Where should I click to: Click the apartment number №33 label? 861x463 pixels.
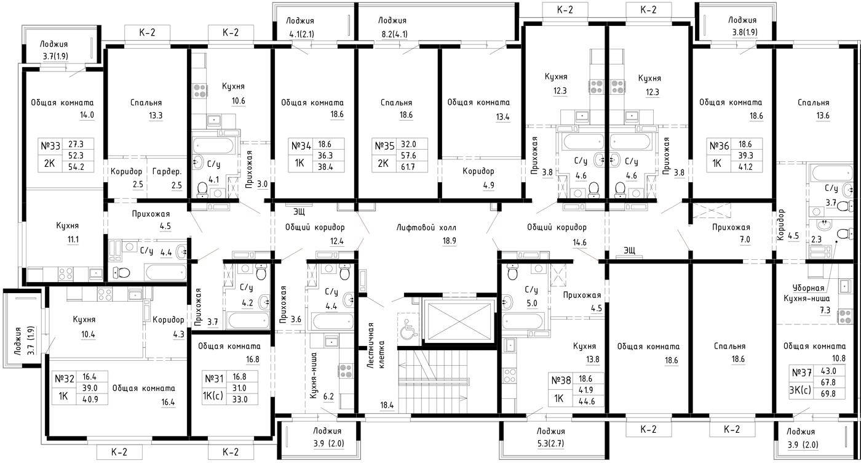(x=50, y=146)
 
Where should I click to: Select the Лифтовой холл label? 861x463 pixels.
(x=426, y=228)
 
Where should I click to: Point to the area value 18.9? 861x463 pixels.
(x=449, y=241)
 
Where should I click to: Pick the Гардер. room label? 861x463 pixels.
(x=167, y=172)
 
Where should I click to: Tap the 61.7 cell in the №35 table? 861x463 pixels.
(x=408, y=167)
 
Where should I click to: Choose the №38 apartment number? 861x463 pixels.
(x=561, y=380)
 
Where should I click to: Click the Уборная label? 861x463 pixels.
(x=808, y=288)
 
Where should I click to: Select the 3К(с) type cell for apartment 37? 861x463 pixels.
(x=800, y=390)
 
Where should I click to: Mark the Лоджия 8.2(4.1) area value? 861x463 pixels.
(x=394, y=34)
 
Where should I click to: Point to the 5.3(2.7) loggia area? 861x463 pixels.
(x=550, y=444)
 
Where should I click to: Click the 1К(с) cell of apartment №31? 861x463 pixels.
(x=213, y=396)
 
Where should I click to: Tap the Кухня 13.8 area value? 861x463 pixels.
(x=592, y=360)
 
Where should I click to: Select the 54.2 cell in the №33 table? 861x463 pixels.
(x=76, y=167)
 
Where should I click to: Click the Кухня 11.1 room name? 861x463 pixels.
(x=67, y=226)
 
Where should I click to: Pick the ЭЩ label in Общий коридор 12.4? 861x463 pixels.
(x=299, y=211)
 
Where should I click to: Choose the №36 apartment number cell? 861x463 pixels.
(x=719, y=146)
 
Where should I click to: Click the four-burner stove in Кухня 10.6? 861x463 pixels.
(x=200, y=91)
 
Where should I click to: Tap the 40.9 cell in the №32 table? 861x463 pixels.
(x=91, y=400)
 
